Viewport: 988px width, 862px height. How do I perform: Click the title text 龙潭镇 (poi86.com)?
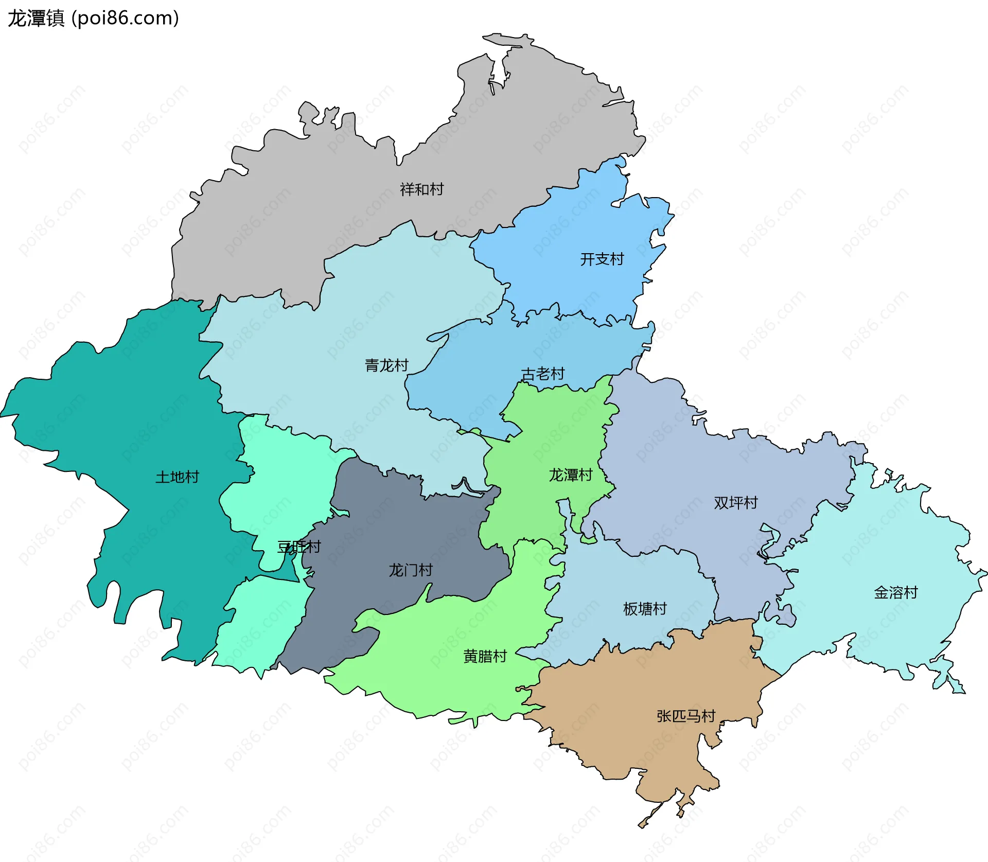(x=93, y=18)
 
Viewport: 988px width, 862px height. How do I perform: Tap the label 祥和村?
(x=421, y=189)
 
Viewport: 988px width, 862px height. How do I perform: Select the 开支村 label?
(x=602, y=259)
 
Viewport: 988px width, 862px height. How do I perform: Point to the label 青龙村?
(x=386, y=365)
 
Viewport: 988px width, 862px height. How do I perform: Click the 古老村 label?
(x=542, y=374)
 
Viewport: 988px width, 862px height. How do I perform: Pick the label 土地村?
(x=177, y=477)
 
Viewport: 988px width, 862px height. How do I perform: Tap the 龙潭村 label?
(x=570, y=474)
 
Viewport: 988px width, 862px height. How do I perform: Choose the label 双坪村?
(x=735, y=502)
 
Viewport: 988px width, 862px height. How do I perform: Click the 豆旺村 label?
(x=299, y=547)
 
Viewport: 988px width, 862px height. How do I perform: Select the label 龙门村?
(x=410, y=570)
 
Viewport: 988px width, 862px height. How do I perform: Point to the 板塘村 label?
(x=644, y=609)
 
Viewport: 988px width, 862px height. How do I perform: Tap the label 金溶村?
(x=895, y=592)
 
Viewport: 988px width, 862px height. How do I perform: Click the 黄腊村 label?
(x=485, y=656)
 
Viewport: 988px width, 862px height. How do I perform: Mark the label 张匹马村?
(x=685, y=716)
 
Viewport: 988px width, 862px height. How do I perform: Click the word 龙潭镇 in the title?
(x=36, y=18)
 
